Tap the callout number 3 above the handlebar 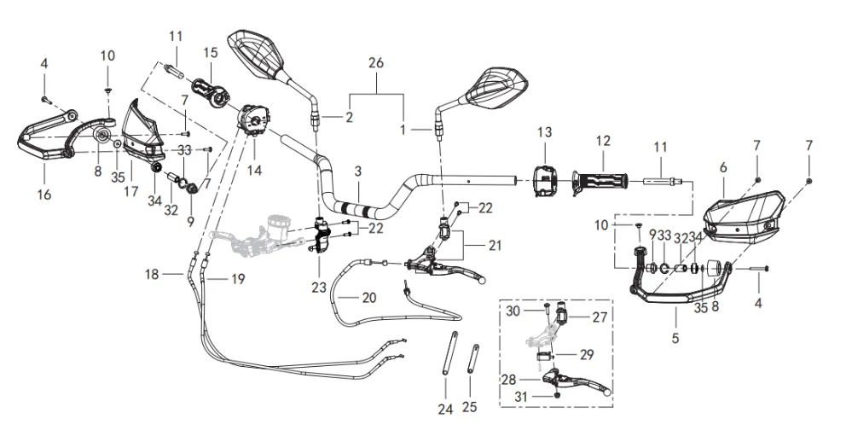click(x=359, y=172)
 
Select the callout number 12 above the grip click(x=603, y=140)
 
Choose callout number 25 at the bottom click(x=470, y=406)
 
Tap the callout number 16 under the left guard click(x=44, y=195)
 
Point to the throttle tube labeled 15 click(x=209, y=90)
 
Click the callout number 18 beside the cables click(x=152, y=274)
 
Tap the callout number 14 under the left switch click(x=254, y=170)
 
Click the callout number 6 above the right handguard click(x=722, y=167)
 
